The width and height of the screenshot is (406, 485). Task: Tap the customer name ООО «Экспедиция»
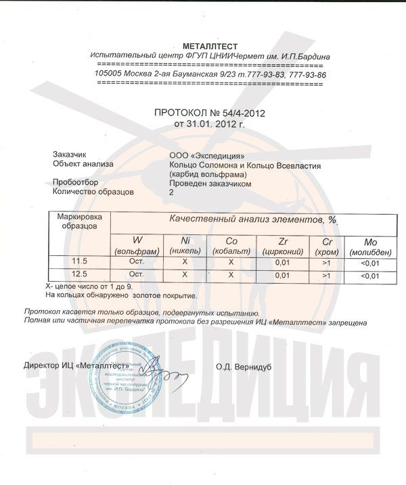tap(204, 154)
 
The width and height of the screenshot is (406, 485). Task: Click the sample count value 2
tap(171, 192)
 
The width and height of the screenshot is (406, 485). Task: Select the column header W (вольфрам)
tap(137, 245)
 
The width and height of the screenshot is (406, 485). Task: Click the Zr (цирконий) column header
tap(284, 245)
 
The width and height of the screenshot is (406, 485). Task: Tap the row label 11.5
tap(81, 261)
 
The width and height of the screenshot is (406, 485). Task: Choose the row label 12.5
tap(81, 275)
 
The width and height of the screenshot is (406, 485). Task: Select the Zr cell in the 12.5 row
tap(284, 275)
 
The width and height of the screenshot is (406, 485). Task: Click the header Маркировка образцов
tap(81, 221)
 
